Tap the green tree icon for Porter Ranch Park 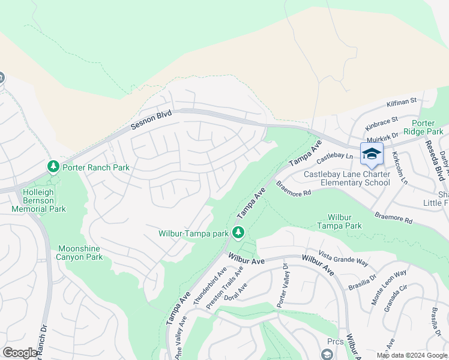click(53, 166)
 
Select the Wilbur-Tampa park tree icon click(238, 232)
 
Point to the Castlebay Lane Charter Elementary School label click(346, 178)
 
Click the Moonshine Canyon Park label click(80, 253)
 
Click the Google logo click(20, 353)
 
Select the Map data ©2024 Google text click(412, 355)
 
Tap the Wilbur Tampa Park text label click(345, 221)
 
